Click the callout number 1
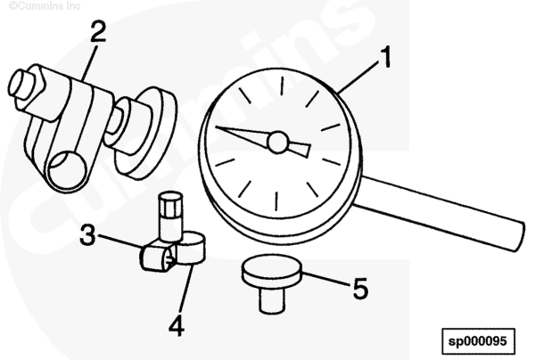click(x=385, y=57)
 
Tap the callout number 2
click(x=98, y=31)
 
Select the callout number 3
click(x=88, y=234)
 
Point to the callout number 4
click(x=177, y=325)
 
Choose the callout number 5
click(x=360, y=289)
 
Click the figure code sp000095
click(x=478, y=341)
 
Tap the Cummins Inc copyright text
click(x=45, y=6)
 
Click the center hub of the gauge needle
click(x=278, y=143)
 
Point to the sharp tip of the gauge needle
click(x=217, y=127)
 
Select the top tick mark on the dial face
click(x=282, y=86)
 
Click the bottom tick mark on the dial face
click(x=276, y=201)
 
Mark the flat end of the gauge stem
click(x=519, y=236)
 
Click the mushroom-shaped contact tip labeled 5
click(x=272, y=282)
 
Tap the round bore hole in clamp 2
click(x=67, y=169)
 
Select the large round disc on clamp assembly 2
click(x=150, y=133)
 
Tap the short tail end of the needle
click(x=300, y=150)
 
